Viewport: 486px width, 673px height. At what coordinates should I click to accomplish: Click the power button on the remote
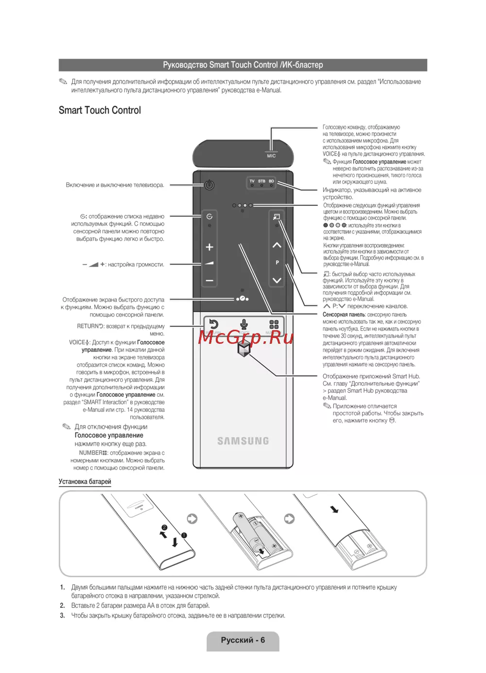pyautogui.click(x=209, y=185)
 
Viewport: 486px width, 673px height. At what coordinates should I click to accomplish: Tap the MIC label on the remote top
pyautogui.click(x=271, y=156)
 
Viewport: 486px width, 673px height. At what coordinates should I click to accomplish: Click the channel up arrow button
pyautogui.click(x=277, y=245)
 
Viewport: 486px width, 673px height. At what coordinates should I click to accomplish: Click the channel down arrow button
pyautogui.click(x=277, y=280)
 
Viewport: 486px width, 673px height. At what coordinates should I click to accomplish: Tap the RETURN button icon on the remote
pyautogui.click(x=213, y=324)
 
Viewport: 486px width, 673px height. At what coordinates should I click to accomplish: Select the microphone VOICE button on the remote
pyautogui.click(x=244, y=324)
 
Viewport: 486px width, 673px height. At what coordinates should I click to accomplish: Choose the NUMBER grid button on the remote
pyautogui.click(x=274, y=324)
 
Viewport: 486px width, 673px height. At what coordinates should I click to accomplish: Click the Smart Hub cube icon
pyautogui.click(x=243, y=348)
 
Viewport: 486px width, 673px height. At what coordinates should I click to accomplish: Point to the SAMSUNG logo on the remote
pyautogui.click(x=243, y=441)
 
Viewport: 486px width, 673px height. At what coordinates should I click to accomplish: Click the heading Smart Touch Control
pyautogui.click(x=100, y=110)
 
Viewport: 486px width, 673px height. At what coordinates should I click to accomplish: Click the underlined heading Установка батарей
pyautogui.click(x=85, y=482)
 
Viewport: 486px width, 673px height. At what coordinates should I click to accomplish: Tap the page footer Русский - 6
pyautogui.click(x=243, y=640)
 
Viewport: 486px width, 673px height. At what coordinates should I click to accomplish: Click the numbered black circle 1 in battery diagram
pyautogui.click(x=184, y=535)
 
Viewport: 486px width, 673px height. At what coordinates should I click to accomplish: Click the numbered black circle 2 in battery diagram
pyautogui.click(x=164, y=528)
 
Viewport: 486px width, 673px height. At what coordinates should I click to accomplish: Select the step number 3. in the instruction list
pyautogui.click(x=62, y=616)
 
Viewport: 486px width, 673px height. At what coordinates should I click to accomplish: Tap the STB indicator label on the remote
pyautogui.click(x=261, y=181)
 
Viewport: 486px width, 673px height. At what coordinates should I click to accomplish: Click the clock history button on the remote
pyautogui.click(x=209, y=217)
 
